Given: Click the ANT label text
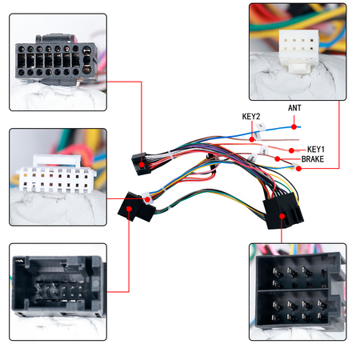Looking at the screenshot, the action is [x=294, y=108].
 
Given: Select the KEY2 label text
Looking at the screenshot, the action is [x=251, y=117].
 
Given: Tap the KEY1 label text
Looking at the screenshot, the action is [x=316, y=150].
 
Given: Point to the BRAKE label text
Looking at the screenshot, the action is [x=313, y=159].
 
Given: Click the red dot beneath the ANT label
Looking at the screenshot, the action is [x=294, y=127].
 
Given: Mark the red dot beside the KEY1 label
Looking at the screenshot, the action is [x=291, y=150].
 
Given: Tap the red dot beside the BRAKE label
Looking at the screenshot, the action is [x=278, y=159].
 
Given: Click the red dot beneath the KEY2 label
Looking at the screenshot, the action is [x=252, y=139].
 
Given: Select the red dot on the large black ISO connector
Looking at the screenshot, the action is [x=282, y=216].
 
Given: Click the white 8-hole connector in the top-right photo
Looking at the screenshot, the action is [x=298, y=50].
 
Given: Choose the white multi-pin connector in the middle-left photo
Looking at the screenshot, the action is [x=57, y=174].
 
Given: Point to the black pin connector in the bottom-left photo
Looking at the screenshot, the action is [x=58, y=286].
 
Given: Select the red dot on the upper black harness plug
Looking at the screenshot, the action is [x=142, y=165].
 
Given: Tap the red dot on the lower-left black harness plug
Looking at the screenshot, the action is [x=129, y=209].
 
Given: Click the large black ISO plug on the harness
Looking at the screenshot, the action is [x=283, y=210].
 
